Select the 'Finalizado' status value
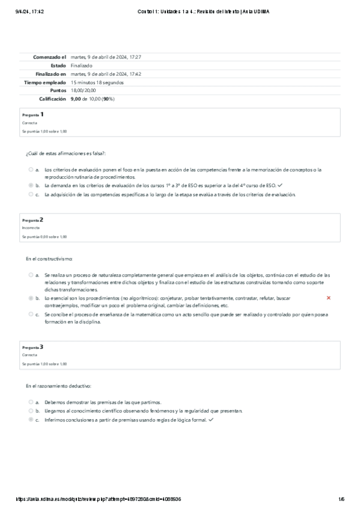(x=81, y=65)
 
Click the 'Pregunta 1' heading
(x=33, y=114)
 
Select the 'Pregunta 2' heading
(x=33, y=220)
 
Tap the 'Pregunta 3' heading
(x=33, y=347)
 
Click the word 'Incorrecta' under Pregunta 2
(x=31, y=229)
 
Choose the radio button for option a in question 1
(x=31, y=170)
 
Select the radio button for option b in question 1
(x=31, y=186)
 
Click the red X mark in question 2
(x=328, y=298)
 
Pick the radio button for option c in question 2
(x=31, y=314)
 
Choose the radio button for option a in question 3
(x=31, y=402)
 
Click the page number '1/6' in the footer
(x=341, y=499)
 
